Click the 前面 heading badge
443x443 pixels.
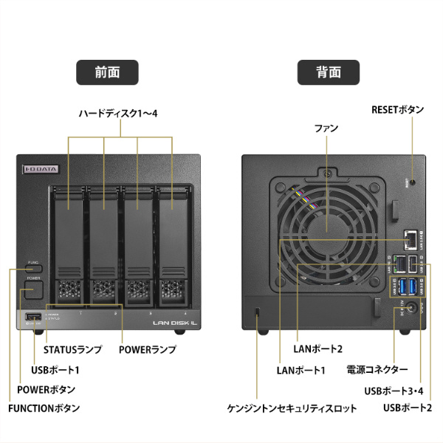coord(107,72)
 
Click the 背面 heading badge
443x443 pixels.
coord(329,72)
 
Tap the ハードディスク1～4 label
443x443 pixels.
coord(119,114)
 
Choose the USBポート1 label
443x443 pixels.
coord(55,368)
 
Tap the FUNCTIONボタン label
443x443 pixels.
coord(44,408)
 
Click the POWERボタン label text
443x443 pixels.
coord(46,388)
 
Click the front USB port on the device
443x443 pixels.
coord(32,317)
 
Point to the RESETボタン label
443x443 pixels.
coord(397,110)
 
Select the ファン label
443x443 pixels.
coord(326,128)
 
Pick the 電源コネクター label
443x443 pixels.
coord(377,368)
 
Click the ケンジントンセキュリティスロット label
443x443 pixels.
coord(292,408)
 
